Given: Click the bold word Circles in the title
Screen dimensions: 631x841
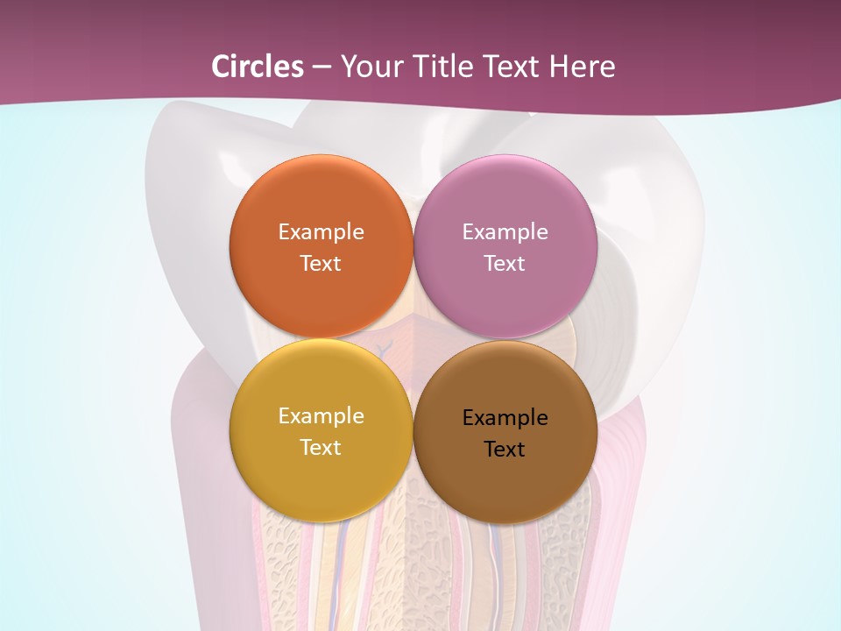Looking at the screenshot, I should (257, 67).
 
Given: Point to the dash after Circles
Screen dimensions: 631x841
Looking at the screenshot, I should (322, 67).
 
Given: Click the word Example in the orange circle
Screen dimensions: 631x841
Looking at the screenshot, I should (321, 232).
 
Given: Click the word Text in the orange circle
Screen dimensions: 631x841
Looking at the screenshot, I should (321, 264).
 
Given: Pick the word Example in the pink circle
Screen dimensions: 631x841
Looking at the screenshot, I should (505, 232).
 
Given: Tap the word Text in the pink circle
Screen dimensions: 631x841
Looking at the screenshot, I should (505, 264).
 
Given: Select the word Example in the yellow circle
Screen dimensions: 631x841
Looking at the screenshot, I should (321, 416).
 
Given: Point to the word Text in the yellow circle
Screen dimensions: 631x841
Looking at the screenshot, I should (321, 448).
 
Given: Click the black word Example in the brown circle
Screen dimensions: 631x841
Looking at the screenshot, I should (505, 418).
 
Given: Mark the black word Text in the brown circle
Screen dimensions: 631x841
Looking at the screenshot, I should (505, 450).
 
